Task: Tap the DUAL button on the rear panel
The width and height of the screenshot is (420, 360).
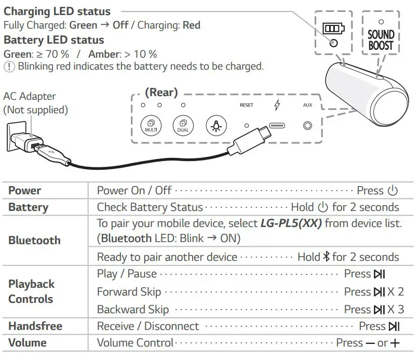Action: coord(183,125)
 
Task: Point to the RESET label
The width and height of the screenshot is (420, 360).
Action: coord(247,105)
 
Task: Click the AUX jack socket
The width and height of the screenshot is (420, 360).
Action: coord(308,126)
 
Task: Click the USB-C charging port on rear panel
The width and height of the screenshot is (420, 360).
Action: coord(277,126)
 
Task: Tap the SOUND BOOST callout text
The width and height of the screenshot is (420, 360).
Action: coord(381,40)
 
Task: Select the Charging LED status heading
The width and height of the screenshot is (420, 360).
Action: coord(57,11)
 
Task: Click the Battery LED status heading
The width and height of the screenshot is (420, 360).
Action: coord(54,41)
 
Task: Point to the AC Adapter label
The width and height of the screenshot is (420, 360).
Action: coord(29,96)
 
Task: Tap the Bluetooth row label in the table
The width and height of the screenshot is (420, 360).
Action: coord(34,241)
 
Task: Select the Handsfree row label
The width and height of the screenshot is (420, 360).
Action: coord(35,326)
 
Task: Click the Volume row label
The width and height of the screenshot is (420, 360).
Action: coord(28,343)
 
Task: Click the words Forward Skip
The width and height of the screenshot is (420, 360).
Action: coord(129,292)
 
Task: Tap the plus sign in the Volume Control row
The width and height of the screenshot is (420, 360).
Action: coord(396,343)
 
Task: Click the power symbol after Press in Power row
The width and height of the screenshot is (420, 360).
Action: coord(392,191)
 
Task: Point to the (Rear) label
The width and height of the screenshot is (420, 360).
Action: coord(161,92)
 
